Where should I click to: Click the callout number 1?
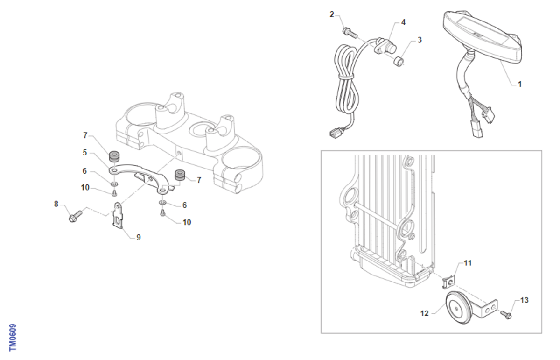coord(520,85)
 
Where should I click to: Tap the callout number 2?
coord(332,14)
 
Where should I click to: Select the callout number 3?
coord(420,40)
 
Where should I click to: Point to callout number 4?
coord(403,22)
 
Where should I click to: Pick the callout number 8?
coord(56,204)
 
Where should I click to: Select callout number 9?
coord(138,237)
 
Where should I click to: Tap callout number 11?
coord(468,263)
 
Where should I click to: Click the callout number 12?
coord(425,314)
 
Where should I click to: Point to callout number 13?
coord(525,300)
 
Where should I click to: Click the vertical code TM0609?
coord(13,337)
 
